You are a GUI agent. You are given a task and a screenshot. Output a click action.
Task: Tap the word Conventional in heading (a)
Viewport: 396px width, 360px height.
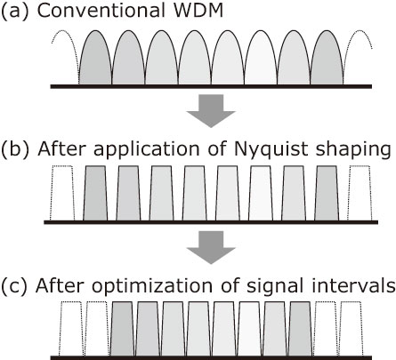[x=101, y=11]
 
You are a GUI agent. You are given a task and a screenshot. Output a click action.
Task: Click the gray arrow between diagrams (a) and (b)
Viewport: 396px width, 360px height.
[x=211, y=111]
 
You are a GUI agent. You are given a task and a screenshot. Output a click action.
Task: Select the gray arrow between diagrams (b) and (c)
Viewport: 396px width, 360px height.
[x=211, y=247]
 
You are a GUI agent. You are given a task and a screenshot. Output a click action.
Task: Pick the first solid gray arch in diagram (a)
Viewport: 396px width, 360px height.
[x=95, y=58]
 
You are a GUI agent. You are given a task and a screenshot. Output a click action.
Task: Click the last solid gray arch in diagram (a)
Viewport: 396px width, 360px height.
[x=327, y=58]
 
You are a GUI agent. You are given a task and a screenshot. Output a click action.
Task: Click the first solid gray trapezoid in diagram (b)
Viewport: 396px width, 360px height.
[x=95, y=193]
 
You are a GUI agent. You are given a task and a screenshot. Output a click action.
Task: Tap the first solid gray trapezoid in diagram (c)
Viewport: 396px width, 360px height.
[x=123, y=329]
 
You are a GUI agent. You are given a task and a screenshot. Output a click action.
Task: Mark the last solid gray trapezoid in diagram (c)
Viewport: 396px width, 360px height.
[x=300, y=329]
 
